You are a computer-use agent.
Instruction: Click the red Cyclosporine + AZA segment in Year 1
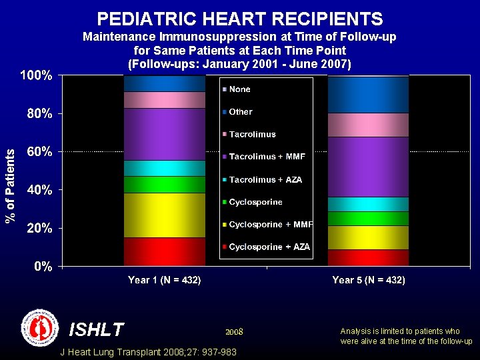tap(164, 251)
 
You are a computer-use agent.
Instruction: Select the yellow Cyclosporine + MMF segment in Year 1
tap(164, 215)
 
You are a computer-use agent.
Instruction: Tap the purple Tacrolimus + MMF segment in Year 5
tap(368, 167)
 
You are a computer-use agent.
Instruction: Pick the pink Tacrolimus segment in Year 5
tap(368, 125)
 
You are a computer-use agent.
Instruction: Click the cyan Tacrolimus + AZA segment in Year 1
tap(164, 168)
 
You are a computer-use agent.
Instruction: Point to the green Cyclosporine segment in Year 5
tap(368, 218)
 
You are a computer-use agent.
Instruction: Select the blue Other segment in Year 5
tap(368, 95)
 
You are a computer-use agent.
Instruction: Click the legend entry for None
tap(239, 89)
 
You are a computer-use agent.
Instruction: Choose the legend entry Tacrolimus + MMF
tap(267, 157)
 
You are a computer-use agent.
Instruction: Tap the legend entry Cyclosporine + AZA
tap(269, 247)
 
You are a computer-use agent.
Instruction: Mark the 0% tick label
tap(43, 266)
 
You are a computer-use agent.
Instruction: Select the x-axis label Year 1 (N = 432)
tap(164, 280)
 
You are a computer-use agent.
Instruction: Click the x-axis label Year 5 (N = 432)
tap(368, 280)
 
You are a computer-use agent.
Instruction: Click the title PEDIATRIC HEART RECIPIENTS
tap(240, 19)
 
